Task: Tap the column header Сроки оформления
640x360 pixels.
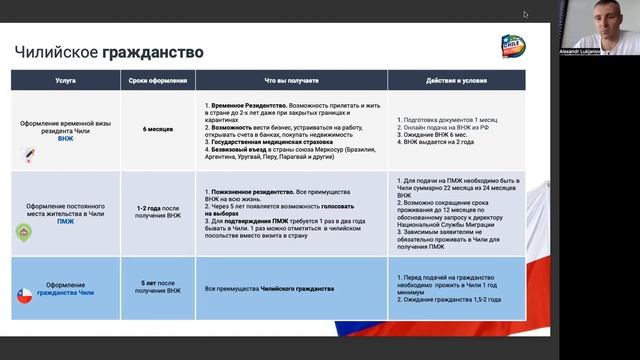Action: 153,79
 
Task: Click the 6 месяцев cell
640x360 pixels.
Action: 153,129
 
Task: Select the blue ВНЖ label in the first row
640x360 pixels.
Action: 66,139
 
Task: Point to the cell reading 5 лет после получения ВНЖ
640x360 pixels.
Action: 153,287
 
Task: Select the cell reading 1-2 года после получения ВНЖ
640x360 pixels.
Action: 153,213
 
